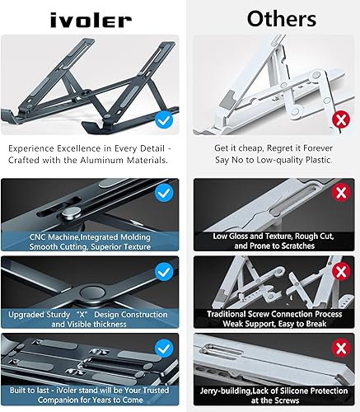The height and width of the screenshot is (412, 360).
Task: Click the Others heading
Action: [x=270, y=17]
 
